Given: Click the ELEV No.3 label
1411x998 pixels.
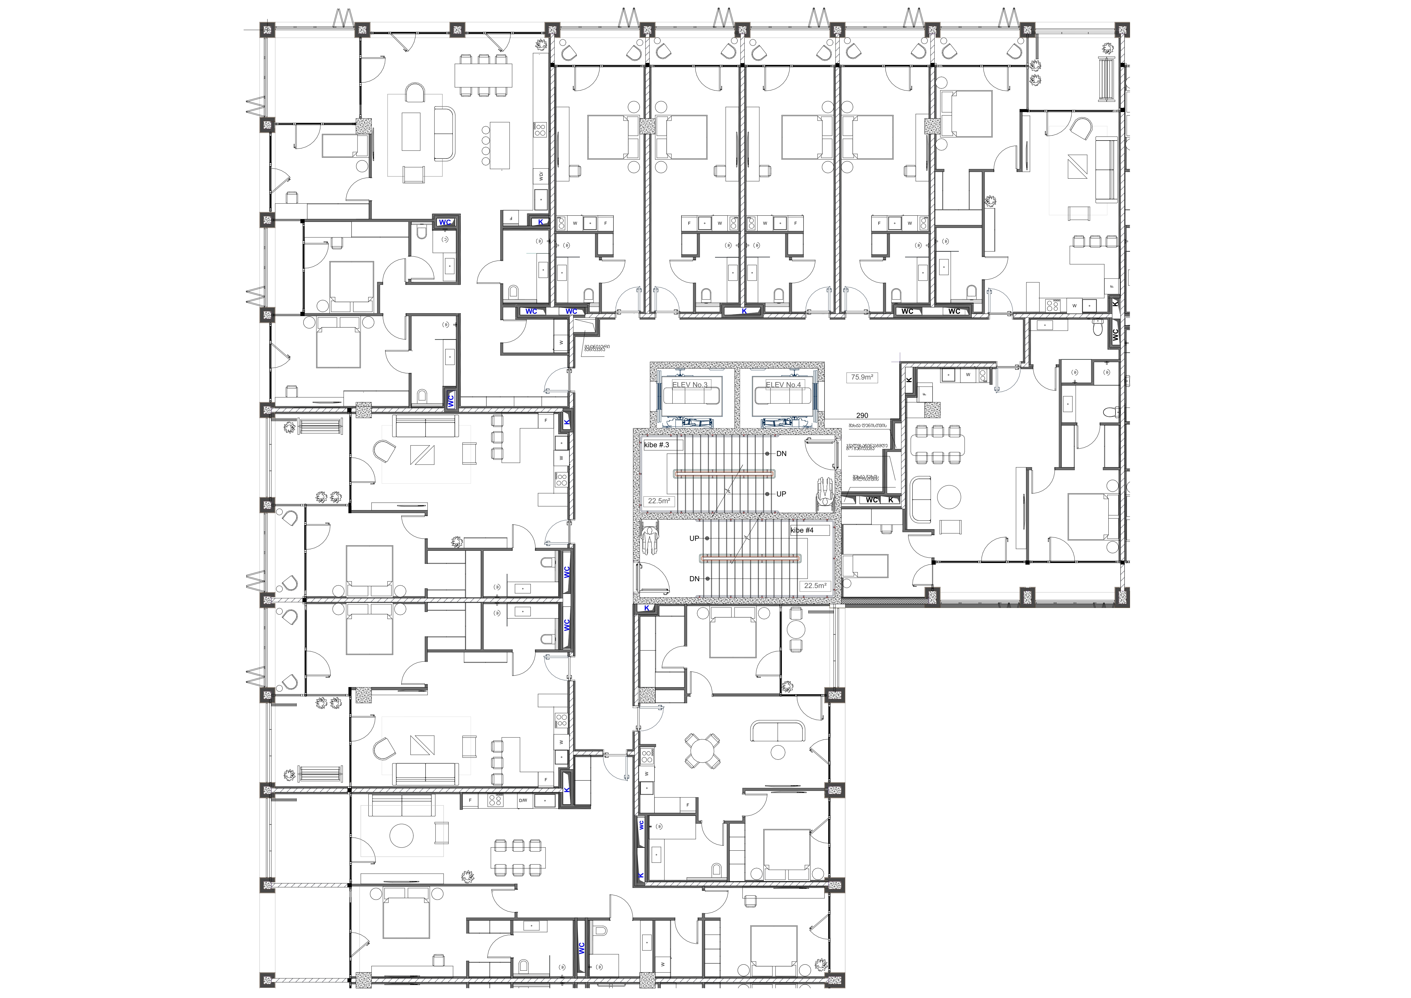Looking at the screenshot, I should click(x=689, y=385).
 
